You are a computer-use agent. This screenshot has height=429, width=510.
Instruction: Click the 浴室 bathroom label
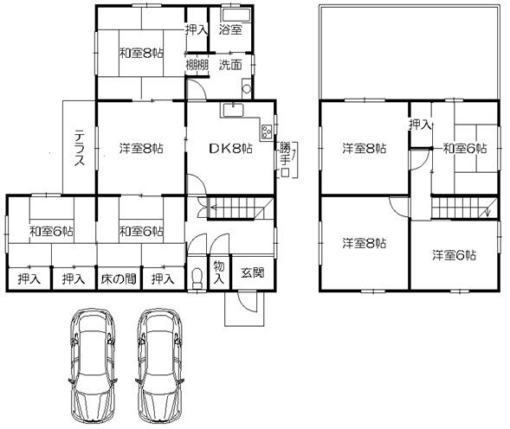230,29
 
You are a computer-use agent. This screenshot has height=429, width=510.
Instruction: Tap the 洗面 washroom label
230,65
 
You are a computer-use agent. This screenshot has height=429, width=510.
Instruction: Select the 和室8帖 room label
141,54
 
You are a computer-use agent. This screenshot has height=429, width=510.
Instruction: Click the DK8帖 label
229,148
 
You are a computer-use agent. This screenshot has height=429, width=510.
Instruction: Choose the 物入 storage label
220,273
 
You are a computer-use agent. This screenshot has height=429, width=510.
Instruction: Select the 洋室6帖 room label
455,255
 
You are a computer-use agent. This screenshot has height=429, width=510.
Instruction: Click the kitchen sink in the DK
232,110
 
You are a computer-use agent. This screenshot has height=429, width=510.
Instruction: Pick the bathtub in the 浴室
235,15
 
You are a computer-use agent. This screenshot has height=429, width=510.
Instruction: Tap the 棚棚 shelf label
197,65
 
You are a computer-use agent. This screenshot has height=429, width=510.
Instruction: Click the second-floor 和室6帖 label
465,148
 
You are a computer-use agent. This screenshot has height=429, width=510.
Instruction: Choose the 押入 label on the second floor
421,125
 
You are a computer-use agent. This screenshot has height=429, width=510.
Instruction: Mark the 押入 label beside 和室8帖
197,29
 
